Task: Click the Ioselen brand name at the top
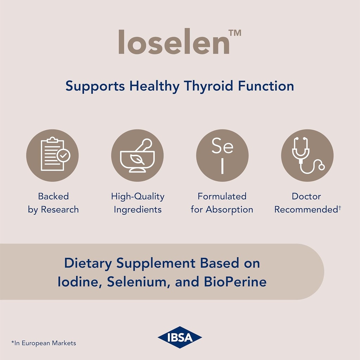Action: click(174, 42)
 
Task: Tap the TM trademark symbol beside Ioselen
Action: click(235, 33)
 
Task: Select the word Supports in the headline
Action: click(95, 86)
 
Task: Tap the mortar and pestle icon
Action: click(137, 156)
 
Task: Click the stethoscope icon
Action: click(307, 156)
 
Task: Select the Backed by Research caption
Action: click(53, 203)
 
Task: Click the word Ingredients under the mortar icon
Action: click(137, 210)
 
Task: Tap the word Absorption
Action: click(229, 210)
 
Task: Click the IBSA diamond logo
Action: click(180, 337)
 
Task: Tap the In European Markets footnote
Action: click(44, 343)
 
